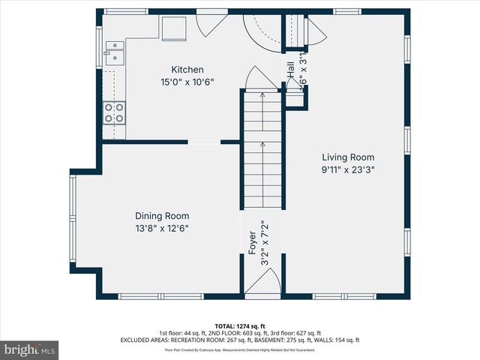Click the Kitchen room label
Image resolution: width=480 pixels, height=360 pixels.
(x=187, y=70)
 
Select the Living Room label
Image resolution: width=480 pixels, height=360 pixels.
(x=348, y=157)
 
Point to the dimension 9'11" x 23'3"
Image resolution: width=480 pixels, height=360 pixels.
(x=348, y=169)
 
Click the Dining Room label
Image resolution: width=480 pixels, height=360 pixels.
(x=162, y=215)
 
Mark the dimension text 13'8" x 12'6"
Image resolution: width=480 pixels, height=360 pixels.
(x=162, y=227)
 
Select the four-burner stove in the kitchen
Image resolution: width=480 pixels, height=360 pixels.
(x=114, y=112)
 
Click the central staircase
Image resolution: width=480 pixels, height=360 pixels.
(x=262, y=150)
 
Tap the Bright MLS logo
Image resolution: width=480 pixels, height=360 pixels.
(x=30, y=349)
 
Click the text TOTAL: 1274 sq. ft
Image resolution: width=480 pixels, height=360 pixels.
(x=240, y=325)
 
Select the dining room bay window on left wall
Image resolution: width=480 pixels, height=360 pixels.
(x=73, y=223)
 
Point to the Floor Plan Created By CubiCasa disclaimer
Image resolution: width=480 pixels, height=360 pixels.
(x=240, y=349)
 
